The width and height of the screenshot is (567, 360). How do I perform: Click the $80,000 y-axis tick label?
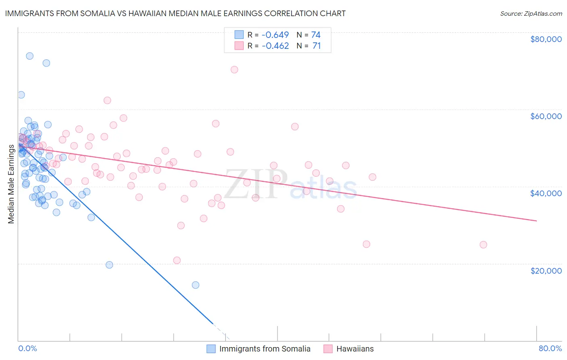coord(546,39)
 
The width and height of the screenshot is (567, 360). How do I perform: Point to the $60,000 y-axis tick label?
coord(546,116)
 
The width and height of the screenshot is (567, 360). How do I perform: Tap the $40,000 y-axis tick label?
coord(546,193)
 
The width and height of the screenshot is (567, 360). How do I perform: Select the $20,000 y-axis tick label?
coord(546,270)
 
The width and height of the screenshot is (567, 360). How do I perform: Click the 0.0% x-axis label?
coord(27,348)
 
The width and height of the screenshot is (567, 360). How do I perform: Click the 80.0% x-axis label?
coord(550,348)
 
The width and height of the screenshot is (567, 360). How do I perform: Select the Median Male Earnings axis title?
coord(11,184)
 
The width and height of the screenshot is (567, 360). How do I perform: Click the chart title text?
coord(175,13)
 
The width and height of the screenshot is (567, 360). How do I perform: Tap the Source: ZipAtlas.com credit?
coord(531,13)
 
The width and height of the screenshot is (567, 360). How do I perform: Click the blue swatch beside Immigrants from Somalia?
coord(211,349)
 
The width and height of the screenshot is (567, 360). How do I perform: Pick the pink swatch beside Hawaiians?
coord(328,349)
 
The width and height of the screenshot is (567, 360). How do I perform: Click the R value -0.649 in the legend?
coord(275,35)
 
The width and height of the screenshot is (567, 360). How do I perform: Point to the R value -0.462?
coord(275,46)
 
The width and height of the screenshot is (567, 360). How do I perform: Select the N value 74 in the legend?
coord(316,35)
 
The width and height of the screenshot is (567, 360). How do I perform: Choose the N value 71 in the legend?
coord(317,46)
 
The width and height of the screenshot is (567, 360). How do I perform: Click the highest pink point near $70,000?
coord(234,69)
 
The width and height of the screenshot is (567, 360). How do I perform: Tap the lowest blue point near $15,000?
coord(196,285)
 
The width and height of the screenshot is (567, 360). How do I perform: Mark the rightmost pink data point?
coord(483,245)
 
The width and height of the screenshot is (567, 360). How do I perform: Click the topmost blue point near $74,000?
coord(29,56)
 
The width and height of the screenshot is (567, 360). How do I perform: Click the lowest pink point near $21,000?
coord(177,260)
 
